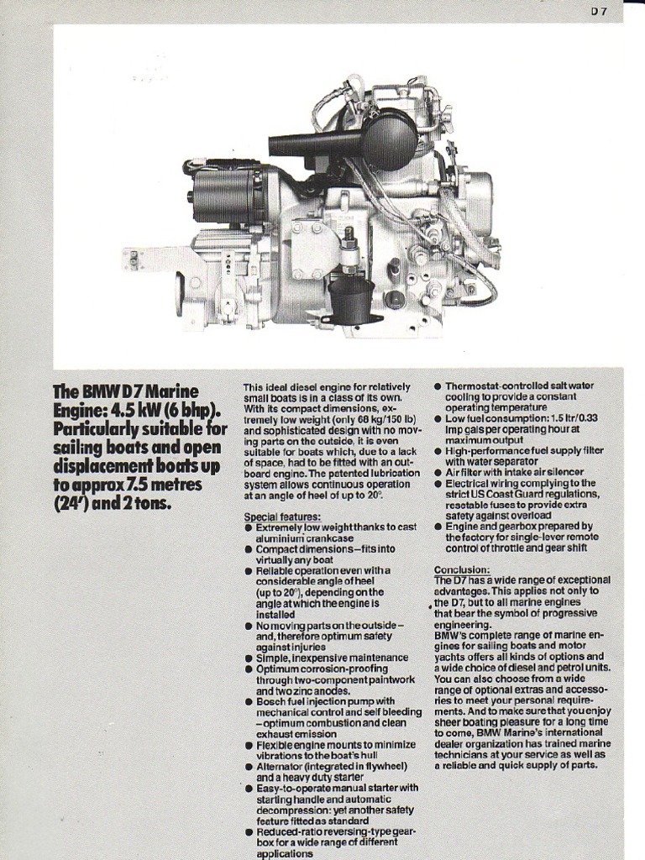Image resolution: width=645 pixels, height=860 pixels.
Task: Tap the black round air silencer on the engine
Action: [388, 139]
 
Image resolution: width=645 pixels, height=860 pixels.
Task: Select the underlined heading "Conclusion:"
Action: [462, 569]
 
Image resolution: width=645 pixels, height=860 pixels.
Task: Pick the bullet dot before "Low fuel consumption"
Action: [438, 418]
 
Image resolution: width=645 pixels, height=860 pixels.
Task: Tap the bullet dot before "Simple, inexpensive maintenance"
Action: [249, 658]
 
